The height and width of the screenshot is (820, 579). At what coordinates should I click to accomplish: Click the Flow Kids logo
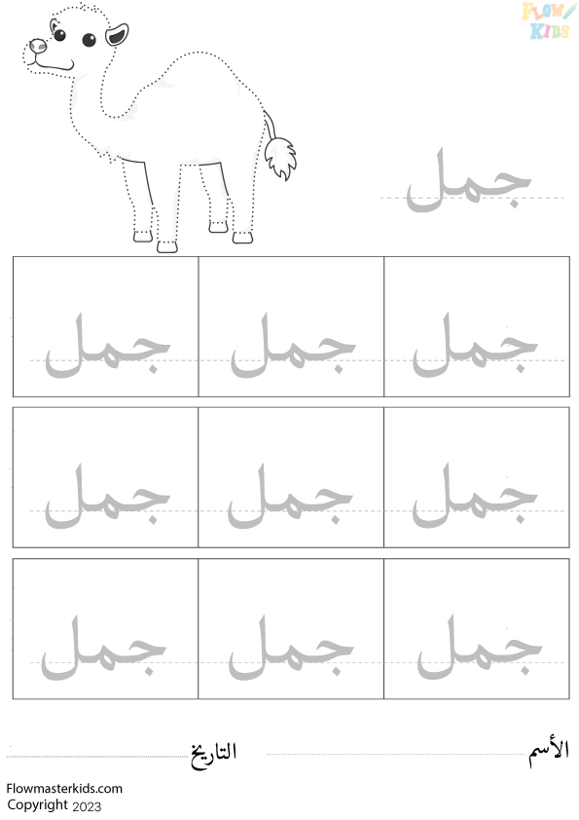[x=548, y=20]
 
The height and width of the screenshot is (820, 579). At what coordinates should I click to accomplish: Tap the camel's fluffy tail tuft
[x=279, y=158]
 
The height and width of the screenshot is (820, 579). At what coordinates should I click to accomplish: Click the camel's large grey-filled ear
[x=117, y=35]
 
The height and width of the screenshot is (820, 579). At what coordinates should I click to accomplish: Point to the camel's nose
[x=38, y=46]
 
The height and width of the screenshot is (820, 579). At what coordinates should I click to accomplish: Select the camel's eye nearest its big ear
[x=90, y=40]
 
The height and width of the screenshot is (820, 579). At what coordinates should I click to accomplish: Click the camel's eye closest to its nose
[x=59, y=35]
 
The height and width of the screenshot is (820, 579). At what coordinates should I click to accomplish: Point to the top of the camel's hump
[x=199, y=53]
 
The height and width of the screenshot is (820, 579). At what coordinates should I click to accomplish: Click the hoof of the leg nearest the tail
[x=242, y=238]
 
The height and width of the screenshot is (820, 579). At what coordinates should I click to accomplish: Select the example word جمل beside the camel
[x=469, y=180]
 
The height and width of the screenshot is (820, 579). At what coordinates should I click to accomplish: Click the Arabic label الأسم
[x=548, y=754]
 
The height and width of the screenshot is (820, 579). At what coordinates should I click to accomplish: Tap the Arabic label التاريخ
[x=213, y=755]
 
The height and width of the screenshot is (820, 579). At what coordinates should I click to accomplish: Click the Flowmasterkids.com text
[x=64, y=789]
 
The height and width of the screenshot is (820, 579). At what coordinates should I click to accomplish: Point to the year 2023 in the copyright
[x=87, y=806]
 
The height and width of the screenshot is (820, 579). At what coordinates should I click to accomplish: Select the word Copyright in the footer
[x=38, y=805]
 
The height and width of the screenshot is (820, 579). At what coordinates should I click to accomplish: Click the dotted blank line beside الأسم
[x=397, y=754]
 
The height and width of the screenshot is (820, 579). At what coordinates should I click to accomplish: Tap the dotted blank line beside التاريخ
[x=97, y=756]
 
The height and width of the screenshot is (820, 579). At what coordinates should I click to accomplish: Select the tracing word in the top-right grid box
[x=475, y=345]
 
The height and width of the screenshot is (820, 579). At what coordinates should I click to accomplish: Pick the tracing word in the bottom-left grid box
[x=104, y=648]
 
